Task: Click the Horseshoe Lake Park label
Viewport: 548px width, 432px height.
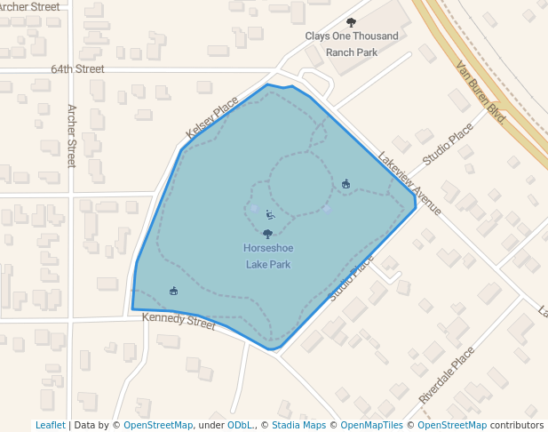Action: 267,255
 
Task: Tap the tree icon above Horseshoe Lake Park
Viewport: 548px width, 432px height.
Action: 267,235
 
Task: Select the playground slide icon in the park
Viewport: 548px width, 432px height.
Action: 270,213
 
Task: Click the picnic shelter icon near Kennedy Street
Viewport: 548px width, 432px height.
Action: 173,291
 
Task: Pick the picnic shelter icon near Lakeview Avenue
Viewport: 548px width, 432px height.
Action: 345,184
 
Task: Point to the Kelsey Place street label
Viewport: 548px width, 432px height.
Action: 211,118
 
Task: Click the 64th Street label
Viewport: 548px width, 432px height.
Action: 77,68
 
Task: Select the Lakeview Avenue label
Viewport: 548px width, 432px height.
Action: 409,183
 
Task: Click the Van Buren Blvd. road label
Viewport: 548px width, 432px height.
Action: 480,92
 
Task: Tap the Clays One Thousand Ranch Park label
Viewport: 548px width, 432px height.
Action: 352,44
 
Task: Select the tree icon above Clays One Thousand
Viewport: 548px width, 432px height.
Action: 351,22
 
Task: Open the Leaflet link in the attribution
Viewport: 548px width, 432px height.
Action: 50,425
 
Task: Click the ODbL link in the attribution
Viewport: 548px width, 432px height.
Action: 240,425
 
